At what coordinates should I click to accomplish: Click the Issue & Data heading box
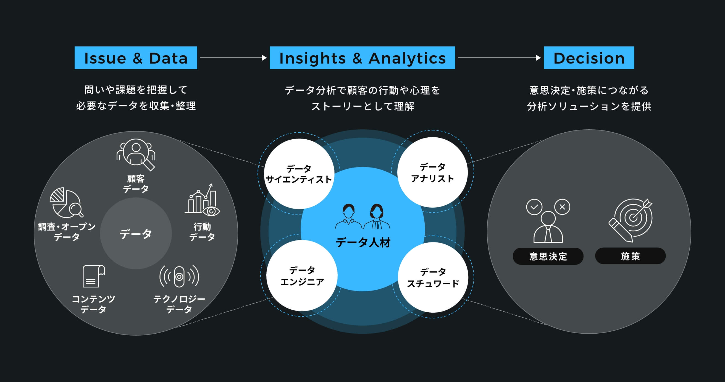click(x=136, y=58)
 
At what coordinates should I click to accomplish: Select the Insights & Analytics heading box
click(x=362, y=58)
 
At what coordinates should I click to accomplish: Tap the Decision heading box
click(x=589, y=58)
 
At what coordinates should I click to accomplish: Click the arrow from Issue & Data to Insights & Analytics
click(x=233, y=58)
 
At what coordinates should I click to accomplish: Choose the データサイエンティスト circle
click(x=299, y=174)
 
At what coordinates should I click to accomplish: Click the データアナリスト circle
click(x=432, y=172)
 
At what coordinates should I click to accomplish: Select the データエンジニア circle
click(x=302, y=276)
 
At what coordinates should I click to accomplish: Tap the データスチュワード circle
click(x=433, y=277)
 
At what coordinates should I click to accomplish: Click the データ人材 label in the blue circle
click(x=363, y=242)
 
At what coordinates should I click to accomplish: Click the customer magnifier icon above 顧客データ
click(x=136, y=154)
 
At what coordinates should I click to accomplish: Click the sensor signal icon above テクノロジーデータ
click(x=179, y=276)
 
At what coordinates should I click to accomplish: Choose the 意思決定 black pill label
click(x=548, y=256)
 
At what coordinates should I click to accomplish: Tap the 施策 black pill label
click(x=630, y=256)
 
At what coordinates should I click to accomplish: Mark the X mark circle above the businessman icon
click(x=562, y=207)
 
